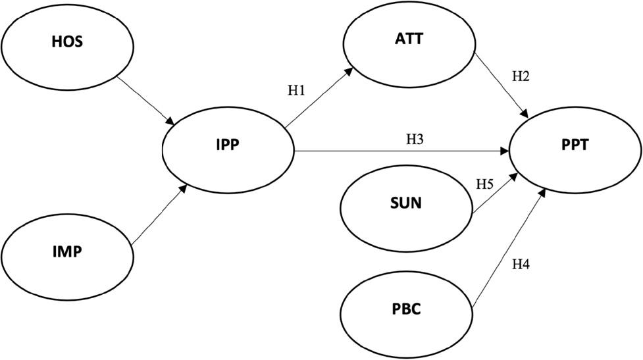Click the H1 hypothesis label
296,91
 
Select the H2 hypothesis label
521,76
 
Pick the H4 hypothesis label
521,265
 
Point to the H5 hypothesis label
484,184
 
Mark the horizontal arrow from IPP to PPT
401,151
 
